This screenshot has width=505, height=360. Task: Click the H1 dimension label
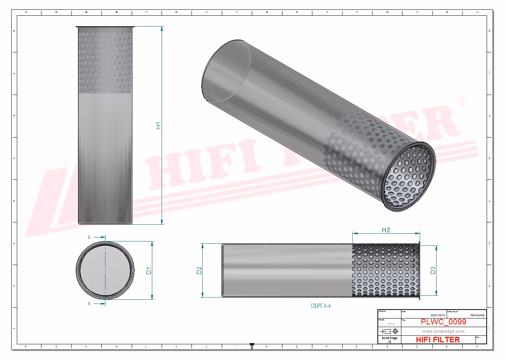pyautogui.click(x=158, y=126)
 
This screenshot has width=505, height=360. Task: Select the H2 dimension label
pyautogui.click(x=386, y=230)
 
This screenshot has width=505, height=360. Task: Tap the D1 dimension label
pyautogui.click(x=149, y=270)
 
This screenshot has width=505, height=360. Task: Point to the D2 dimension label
pyautogui.click(x=199, y=270)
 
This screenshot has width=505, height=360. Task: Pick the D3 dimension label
pyautogui.click(x=433, y=270)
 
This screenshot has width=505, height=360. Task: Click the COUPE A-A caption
pyautogui.click(x=321, y=306)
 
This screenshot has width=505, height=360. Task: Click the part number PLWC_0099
pyautogui.click(x=443, y=322)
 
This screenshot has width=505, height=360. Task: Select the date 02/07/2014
pyautogui.click(x=438, y=316)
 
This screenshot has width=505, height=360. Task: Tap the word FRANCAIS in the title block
pyautogui.click(x=477, y=316)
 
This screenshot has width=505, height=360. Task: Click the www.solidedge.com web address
pyautogui.click(x=443, y=331)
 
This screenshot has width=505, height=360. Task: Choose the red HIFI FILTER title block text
pyautogui.click(x=438, y=339)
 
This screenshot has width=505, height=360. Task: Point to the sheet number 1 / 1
pyautogui.click(x=391, y=324)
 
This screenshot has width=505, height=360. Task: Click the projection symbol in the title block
pyautogui.click(x=389, y=331)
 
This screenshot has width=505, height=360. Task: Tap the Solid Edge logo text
pyautogui.click(x=389, y=338)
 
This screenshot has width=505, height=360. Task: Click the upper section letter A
pyautogui.click(x=89, y=237)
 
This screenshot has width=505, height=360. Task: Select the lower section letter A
pyautogui.click(x=89, y=304)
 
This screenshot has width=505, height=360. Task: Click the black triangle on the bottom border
pyautogui.click(x=252, y=346)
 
